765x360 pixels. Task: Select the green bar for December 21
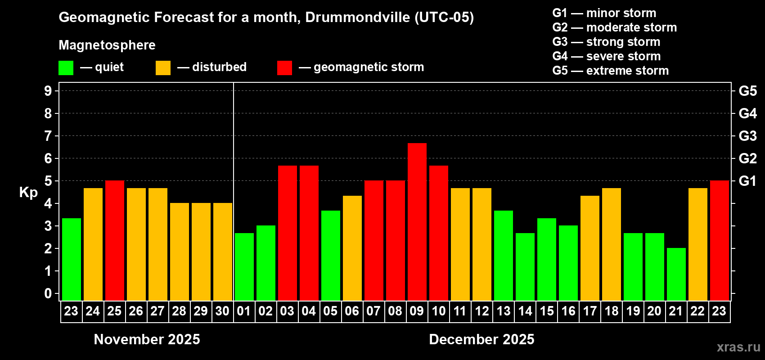(x=676, y=274)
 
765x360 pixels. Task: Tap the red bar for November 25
(x=114, y=240)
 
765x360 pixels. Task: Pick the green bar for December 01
(x=244, y=266)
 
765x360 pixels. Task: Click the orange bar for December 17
(x=589, y=248)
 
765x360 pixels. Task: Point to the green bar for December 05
(x=330, y=255)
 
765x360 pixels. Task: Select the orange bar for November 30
(x=222, y=252)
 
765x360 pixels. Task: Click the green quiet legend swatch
(x=66, y=68)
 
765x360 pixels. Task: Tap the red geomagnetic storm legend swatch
(x=284, y=68)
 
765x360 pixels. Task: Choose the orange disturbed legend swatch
(x=163, y=68)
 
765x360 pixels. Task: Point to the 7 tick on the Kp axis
(x=48, y=136)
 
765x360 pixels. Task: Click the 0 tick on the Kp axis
(x=48, y=293)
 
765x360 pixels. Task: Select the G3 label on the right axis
(x=747, y=136)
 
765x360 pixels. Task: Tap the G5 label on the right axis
(x=747, y=91)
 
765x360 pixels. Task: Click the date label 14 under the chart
(x=525, y=311)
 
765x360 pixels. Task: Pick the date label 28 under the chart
(x=179, y=311)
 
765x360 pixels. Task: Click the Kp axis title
(x=28, y=192)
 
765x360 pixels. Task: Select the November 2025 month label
(x=147, y=339)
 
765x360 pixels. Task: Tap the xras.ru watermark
(x=738, y=346)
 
